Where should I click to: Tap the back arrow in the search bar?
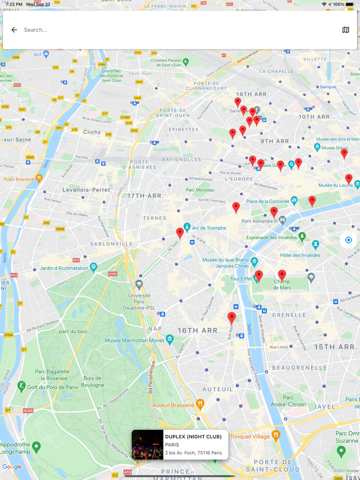coord(14,30)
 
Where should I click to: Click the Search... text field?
coord(175,30)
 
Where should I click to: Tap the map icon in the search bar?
coord(346,30)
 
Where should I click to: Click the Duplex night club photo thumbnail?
coord(148,445)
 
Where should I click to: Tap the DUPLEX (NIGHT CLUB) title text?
coord(193,437)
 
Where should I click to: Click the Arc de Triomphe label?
coord(209,228)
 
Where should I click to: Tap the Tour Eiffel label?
coord(240,279)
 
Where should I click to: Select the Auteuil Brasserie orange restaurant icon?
coord(201,404)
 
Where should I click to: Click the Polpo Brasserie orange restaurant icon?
coord(39,179)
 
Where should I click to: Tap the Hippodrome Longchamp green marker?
coord(36,447)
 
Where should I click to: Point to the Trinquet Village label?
coord(250,436)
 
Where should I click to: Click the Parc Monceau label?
coord(200,190)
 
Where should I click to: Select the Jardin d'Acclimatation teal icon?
coord(94,267)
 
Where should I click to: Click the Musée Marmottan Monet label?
coord(134,340)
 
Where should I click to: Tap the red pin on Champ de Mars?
coord(282,275)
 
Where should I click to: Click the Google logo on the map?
coord(12,467)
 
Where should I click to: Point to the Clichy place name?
coord(92,132)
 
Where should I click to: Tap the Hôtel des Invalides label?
coord(300,255)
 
